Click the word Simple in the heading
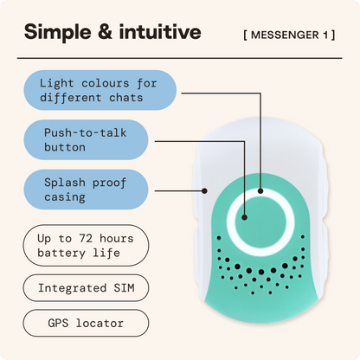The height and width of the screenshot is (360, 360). [58, 32]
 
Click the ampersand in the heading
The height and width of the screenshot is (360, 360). [106, 32]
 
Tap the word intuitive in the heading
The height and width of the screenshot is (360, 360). [160, 31]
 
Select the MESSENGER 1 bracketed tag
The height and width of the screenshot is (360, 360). [289, 35]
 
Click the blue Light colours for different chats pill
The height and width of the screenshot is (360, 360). [100, 90]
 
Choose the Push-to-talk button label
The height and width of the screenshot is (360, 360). [86, 140]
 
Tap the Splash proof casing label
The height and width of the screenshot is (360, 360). [86, 190]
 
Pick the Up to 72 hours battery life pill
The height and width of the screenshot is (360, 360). [86, 246]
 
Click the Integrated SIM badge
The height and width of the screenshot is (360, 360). [86, 288]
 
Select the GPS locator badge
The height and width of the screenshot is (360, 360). [86, 323]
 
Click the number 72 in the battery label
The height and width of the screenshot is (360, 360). [86, 239]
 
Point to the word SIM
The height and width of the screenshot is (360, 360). [124, 288]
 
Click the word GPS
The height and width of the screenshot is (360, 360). [58, 323]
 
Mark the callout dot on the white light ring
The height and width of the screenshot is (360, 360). [260, 191]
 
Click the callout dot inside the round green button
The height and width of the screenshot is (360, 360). [244, 217]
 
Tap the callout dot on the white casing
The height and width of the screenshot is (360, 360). [204, 191]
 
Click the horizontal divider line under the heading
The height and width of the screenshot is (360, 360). [179, 58]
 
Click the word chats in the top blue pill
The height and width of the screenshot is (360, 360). [126, 98]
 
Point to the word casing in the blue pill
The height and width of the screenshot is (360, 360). [65, 197]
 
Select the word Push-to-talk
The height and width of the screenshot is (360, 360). [86, 133]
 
